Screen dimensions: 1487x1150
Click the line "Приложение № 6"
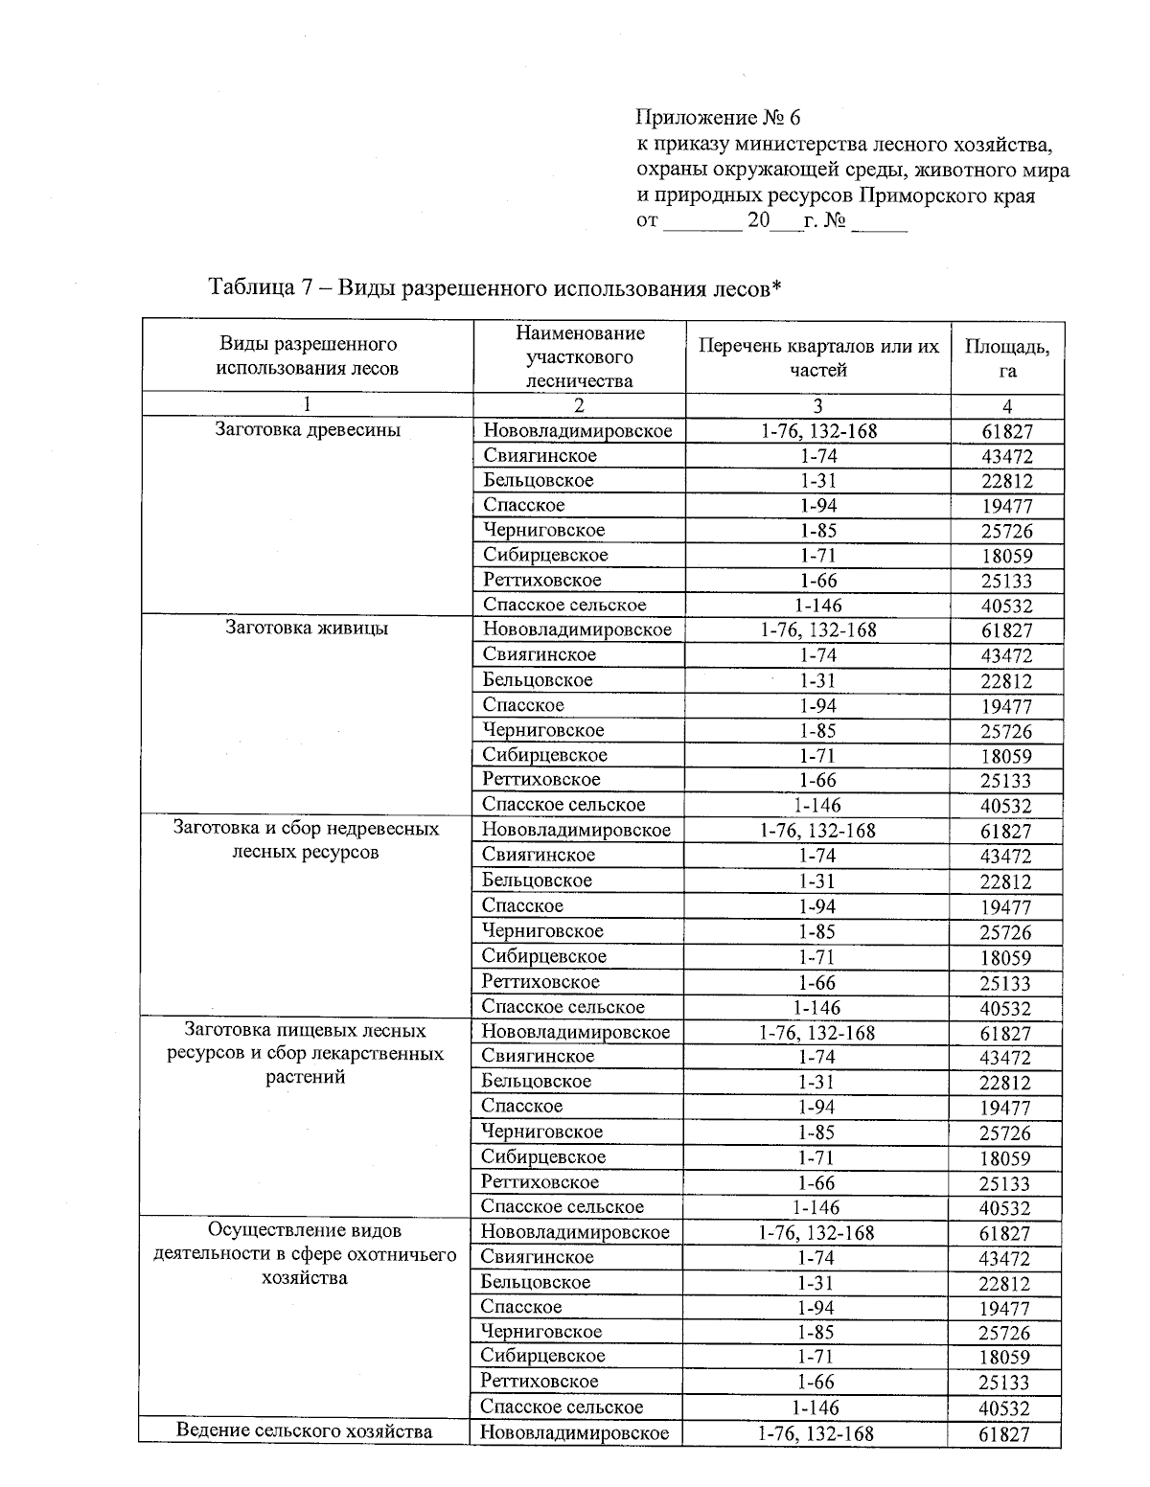pyautogui.click(x=718, y=118)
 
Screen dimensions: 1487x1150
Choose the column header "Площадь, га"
pyautogui.click(x=1006, y=358)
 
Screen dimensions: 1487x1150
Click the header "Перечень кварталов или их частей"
pyautogui.click(x=817, y=357)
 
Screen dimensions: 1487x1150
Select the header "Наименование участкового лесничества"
pyautogui.click(x=579, y=356)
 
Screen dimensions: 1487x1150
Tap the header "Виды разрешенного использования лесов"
pyautogui.click(x=308, y=355)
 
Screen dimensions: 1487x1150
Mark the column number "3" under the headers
pyautogui.click(x=817, y=405)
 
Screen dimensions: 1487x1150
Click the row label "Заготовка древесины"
pyautogui.click(x=308, y=430)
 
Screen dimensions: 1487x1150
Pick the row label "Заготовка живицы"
pyautogui.click(x=307, y=629)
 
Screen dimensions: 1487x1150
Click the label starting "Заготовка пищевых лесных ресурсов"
pyautogui.click(x=305, y=1053)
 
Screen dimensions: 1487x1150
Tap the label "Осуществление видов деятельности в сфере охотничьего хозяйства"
pyautogui.click(x=305, y=1254)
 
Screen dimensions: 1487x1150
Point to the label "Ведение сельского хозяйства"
pyautogui.click(x=305, y=1431)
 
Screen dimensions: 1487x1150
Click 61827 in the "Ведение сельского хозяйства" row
pyautogui.click(x=1004, y=1434)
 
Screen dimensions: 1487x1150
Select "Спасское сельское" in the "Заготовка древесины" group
pyautogui.click(x=564, y=605)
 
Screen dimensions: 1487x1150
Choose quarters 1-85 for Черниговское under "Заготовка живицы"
pyautogui.click(x=817, y=730)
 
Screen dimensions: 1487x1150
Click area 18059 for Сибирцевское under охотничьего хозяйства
pyautogui.click(x=1004, y=1358)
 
